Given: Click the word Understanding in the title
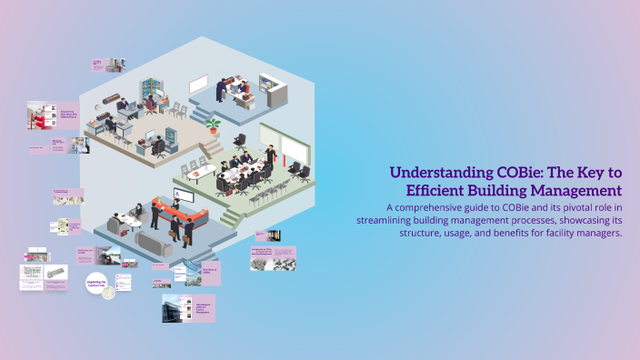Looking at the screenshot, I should (433, 173).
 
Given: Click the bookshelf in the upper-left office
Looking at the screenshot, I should (151, 92).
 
